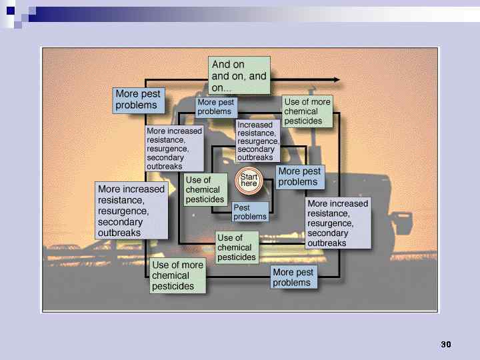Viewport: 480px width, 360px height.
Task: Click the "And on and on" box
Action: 239,75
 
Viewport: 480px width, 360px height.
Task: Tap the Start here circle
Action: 249,181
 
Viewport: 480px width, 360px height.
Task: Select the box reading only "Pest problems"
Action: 250,212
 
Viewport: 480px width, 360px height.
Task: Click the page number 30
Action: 446,345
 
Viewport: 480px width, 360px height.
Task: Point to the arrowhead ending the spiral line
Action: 337,80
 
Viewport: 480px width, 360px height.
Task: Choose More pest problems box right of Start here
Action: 299,177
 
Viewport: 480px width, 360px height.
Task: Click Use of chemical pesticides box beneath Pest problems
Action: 237,247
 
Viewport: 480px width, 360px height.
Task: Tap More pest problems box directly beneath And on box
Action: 216,107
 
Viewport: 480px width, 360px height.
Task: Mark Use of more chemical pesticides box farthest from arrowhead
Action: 177,276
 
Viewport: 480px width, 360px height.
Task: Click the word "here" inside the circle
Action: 249,184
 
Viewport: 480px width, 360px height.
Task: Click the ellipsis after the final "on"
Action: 227,89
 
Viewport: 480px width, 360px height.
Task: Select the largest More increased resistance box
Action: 131,211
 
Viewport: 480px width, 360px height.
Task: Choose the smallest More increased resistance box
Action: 174,148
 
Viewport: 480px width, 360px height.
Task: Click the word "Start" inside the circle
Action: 249,177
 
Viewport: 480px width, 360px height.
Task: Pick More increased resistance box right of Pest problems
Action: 337,223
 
